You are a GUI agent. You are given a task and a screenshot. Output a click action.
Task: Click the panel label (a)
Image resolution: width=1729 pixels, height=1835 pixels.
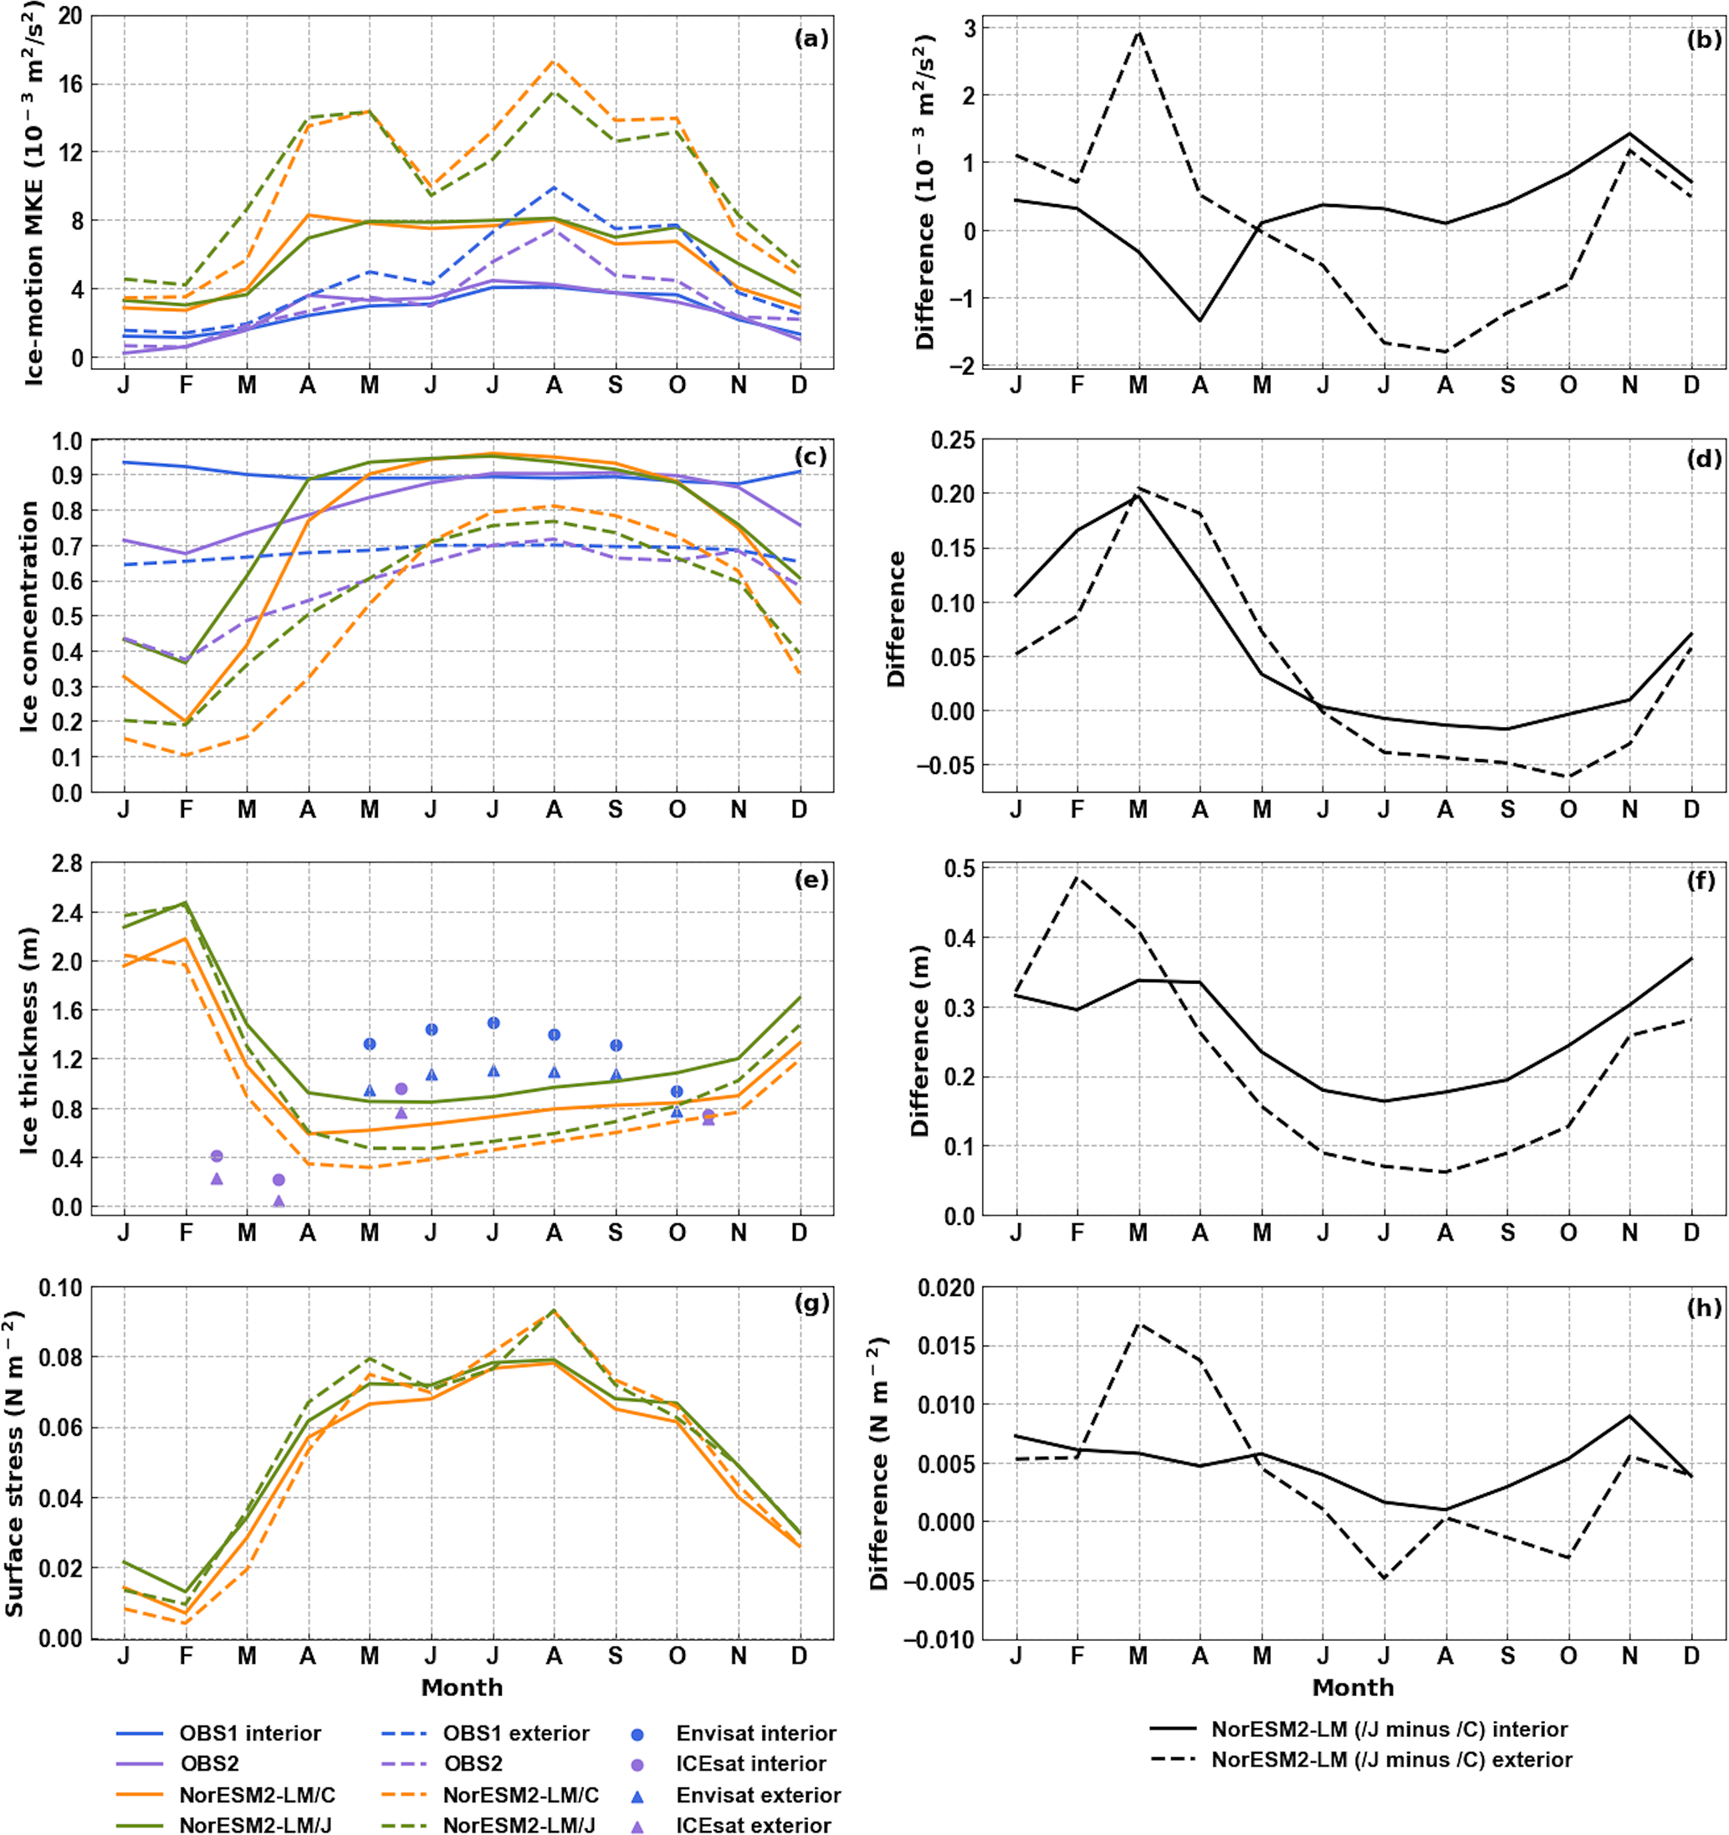point(811,38)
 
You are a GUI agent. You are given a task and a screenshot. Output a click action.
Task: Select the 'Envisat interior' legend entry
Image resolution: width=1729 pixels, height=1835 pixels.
point(755,1734)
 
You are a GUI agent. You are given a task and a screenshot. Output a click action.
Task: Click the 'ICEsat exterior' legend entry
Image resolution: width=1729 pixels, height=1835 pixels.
point(753,1825)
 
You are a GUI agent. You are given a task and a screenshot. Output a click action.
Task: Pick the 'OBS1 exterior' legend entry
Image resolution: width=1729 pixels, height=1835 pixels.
point(516,1734)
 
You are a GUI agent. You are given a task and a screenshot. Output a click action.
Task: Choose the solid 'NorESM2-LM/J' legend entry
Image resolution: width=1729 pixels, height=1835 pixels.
point(257,1825)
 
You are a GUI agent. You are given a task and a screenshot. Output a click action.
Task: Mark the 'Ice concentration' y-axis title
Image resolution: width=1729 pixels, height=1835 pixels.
point(29,617)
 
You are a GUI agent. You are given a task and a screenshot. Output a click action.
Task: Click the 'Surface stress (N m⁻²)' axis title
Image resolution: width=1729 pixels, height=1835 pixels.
point(15,1463)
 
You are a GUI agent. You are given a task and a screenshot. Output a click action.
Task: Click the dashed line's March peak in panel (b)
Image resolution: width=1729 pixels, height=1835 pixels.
point(1138,33)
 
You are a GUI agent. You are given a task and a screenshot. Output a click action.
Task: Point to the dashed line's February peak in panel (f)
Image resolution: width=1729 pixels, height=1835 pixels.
point(1077,877)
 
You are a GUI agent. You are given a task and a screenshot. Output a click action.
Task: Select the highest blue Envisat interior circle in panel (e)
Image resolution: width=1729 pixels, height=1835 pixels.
point(494,1023)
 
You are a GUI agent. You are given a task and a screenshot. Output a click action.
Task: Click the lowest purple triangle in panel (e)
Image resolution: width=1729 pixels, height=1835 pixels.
point(279,1201)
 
